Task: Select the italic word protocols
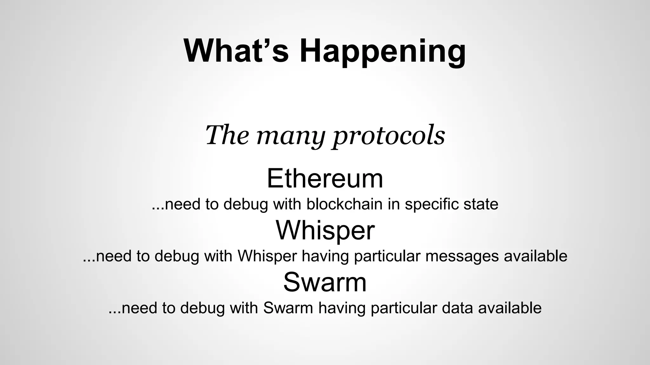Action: click(x=389, y=136)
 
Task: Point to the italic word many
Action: click(x=291, y=136)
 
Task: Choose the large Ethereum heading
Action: click(x=325, y=178)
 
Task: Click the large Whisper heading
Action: click(x=325, y=230)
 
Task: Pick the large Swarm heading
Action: click(x=325, y=282)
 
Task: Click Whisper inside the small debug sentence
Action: click(x=267, y=256)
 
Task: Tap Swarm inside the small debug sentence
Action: click(x=288, y=308)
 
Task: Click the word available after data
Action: click(x=510, y=308)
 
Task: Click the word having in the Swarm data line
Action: click(x=342, y=308)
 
